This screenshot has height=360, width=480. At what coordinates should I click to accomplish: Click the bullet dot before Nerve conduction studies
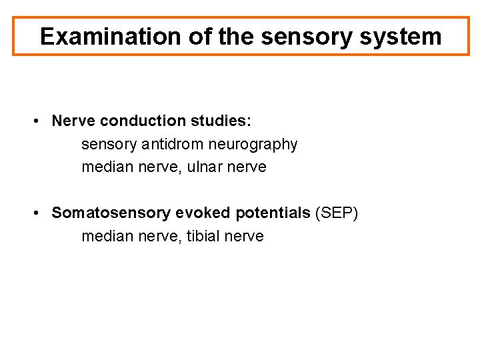click(41, 121)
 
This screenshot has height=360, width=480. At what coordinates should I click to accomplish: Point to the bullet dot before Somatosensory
click(41, 213)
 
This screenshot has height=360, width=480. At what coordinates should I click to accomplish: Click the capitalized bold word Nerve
click(72, 121)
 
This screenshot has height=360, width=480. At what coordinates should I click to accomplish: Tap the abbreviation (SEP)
click(337, 213)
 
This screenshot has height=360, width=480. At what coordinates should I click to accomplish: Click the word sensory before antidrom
click(109, 145)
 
